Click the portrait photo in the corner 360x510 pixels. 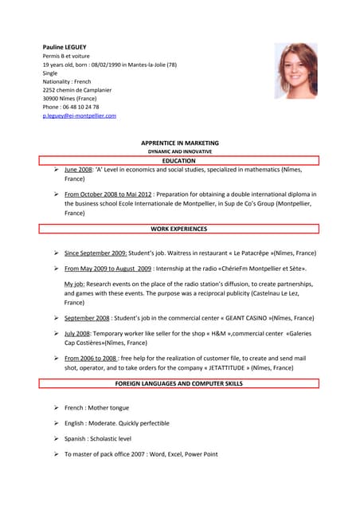295,71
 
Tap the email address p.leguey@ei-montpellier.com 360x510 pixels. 79,116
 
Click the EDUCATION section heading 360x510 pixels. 178,161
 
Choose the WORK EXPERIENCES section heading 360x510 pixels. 178,229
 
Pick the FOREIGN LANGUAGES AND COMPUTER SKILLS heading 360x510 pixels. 178,383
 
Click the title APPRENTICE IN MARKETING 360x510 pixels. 179,143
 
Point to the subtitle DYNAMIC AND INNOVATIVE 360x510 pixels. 179,151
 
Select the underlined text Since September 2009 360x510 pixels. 96,253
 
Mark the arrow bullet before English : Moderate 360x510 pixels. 57,423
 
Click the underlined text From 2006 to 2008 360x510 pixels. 90,358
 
